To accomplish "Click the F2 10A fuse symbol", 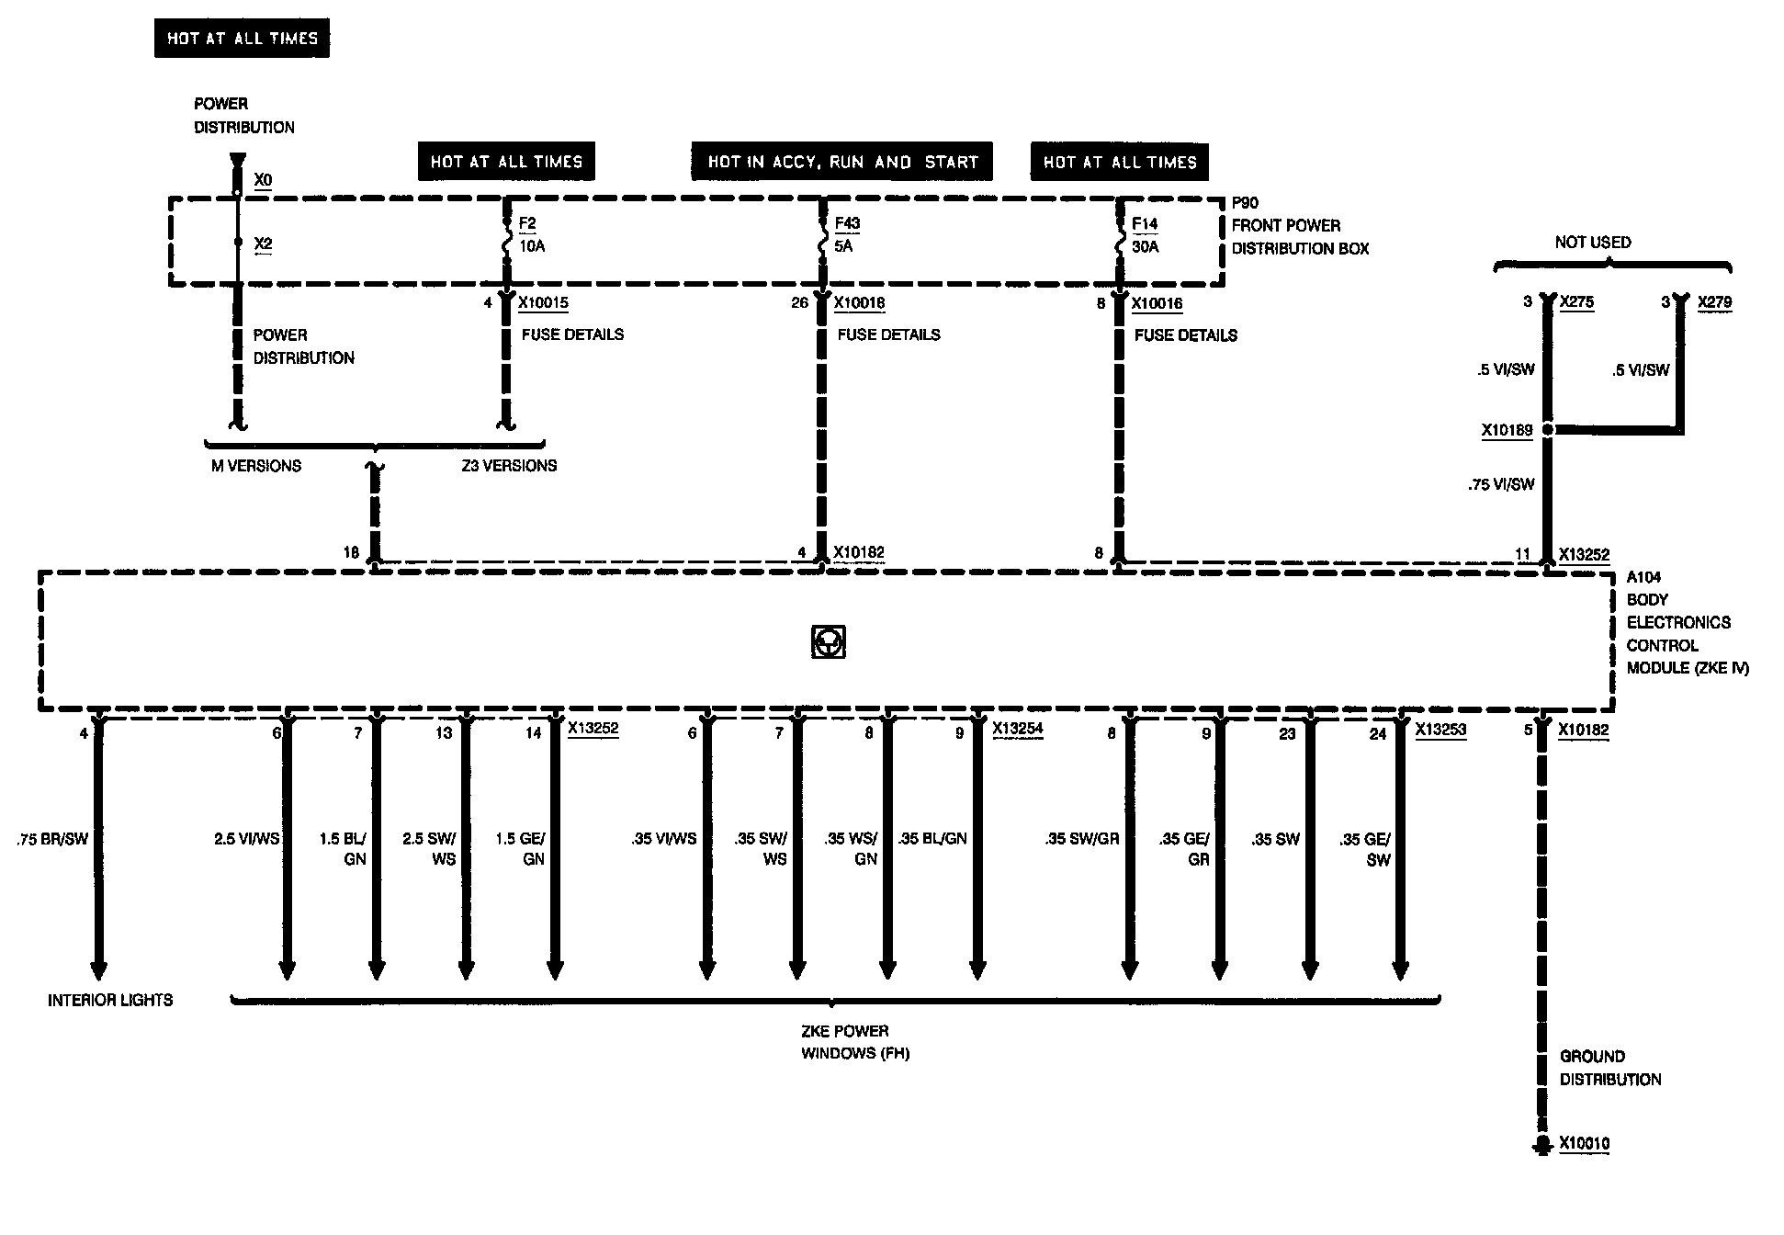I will coord(505,244).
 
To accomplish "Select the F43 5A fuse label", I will coord(847,235).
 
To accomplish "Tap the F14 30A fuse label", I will coord(1145,235).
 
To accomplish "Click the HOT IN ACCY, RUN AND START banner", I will coord(842,162).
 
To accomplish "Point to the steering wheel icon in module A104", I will coord(829,642).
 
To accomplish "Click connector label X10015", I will coord(543,303).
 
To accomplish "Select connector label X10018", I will coord(859,303).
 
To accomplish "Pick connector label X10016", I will coord(1157,304).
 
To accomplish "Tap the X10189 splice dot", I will coord(1547,429).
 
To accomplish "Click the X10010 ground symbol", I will coord(1541,1145).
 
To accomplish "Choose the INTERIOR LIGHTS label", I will coord(110,1000).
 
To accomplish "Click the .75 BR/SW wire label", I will coord(52,839).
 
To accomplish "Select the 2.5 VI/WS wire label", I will coord(246,839).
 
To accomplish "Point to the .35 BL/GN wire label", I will coord(933,839).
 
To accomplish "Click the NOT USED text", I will coord(1593,243).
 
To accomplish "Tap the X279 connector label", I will coord(1714,302).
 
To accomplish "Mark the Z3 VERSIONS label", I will coord(509,466).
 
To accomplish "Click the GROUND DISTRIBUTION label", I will coord(1609,1068).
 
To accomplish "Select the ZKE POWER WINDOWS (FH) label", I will coord(854,1042).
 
